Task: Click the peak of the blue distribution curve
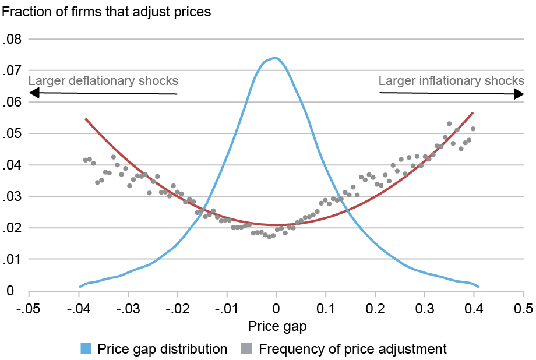point(275,58)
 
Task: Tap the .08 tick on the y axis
point(12,40)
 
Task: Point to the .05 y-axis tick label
point(12,134)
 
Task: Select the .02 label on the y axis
point(12,228)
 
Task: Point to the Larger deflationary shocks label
point(103,81)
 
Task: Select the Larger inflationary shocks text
point(452,81)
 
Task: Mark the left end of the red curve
point(86,119)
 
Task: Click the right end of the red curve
point(472,112)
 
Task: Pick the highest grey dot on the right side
point(449,123)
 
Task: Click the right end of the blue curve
point(478,287)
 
